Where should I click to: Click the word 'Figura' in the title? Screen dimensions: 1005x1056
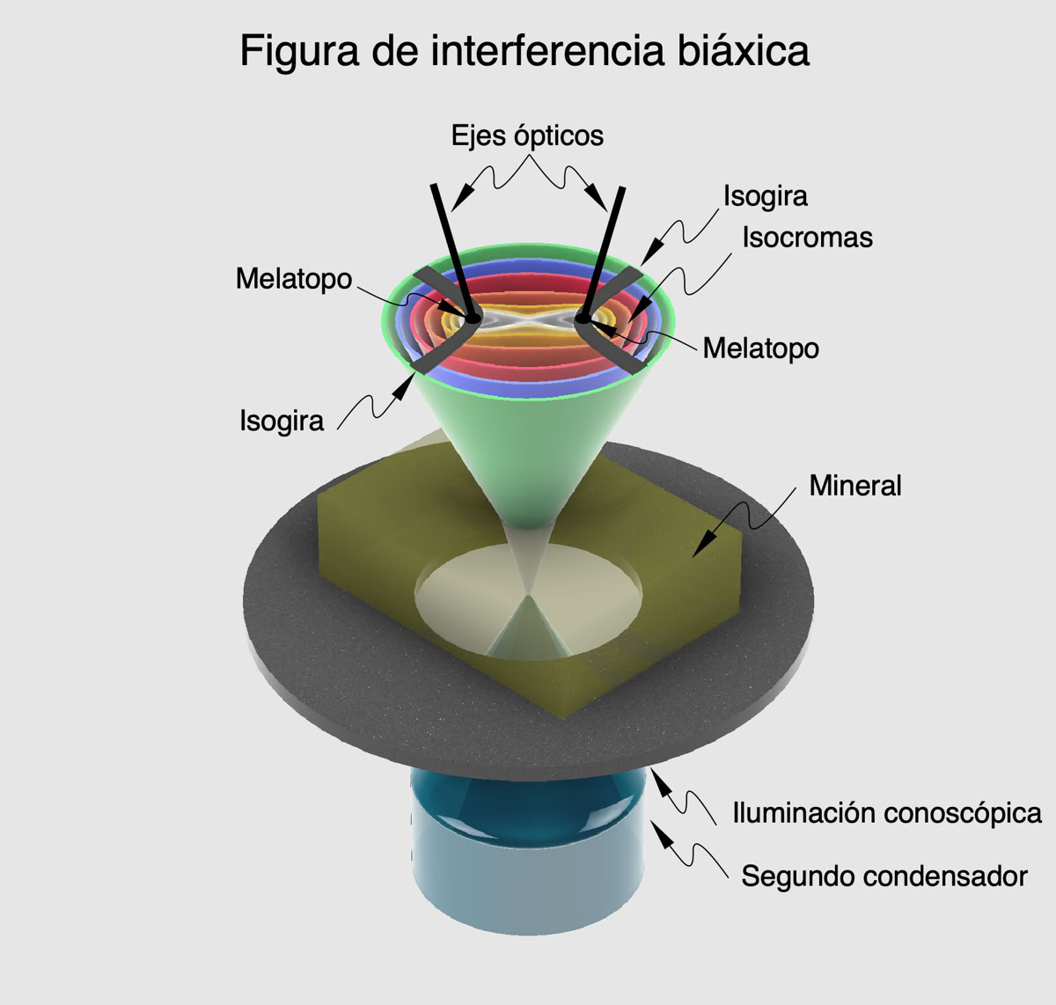click(x=299, y=51)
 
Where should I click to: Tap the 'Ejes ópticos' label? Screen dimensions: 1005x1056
click(x=527, y=136)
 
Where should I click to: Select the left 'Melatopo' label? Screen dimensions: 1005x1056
click(x=293, y=279)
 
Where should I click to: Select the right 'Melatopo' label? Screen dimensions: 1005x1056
click(x=760, y=348)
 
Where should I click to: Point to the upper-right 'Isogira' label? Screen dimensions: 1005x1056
click(x=765, y=196)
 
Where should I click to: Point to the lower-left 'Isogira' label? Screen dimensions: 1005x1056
click(x=282, y=421)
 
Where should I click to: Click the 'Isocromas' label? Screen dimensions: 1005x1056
click(x=807, y=238)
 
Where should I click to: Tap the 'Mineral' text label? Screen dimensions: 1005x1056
click(x=855, y=486)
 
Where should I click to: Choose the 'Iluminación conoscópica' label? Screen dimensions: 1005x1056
click(x=886, y=813)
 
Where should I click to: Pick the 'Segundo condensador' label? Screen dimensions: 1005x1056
click(x=884, y=877)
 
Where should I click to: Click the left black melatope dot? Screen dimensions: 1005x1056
click(x=473, y=317)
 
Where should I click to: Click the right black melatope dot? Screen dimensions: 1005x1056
click(x=583, y=317)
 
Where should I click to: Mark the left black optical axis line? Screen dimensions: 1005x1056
click(x=451, y=246)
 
